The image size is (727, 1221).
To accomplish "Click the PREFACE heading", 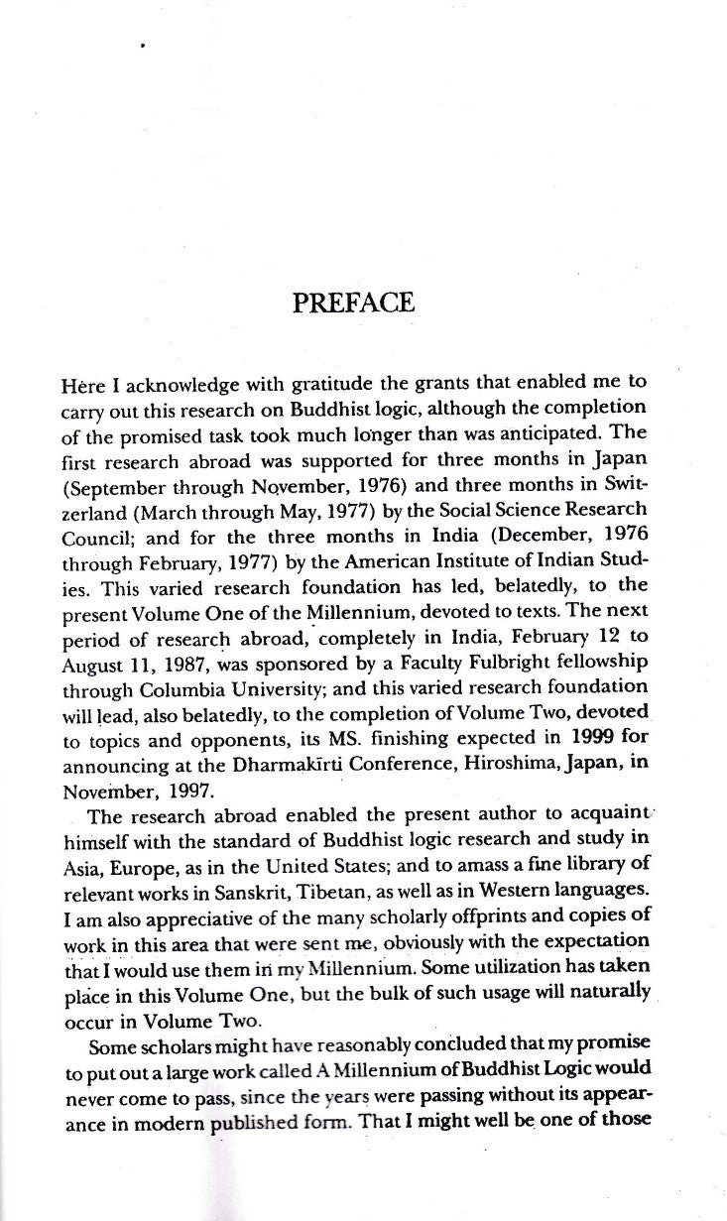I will [354, 302].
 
